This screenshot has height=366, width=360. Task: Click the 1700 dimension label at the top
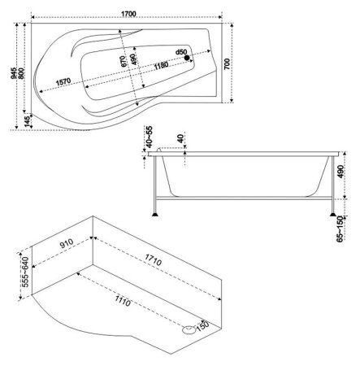[x=128, y=14]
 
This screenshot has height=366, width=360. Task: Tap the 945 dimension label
[x=14, y=73]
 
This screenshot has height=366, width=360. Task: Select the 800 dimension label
[x=21, y=73]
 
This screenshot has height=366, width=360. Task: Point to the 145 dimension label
[x=27, y=122]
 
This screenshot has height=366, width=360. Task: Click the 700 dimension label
[x=227, y=64]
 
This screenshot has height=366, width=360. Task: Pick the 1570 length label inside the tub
[x=63, y=82]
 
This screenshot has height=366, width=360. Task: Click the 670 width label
[x=123, y=62]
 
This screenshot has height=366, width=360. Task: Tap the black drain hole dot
[x=187, y=58]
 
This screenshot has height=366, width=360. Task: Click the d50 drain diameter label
[x=181, y=52]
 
